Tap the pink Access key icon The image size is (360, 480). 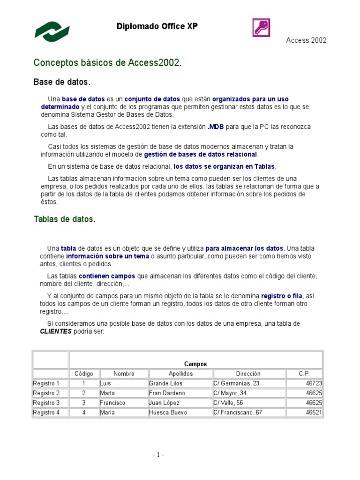[x=262, y=28]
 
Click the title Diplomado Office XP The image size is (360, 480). [x=157, y=27]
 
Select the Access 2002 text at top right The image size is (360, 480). [x=306, y=40]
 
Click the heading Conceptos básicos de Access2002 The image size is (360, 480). [x=107, y=63]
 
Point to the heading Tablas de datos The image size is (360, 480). [x=64, y=219]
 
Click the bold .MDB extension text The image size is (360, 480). [x=216, y=127]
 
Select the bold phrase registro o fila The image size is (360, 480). [x=282, y=296]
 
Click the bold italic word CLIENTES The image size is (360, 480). [x=56, y=331]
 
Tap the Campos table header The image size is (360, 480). [x=195, y=364]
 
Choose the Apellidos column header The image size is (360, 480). [x=180, y=374]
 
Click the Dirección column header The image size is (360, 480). [x=248, y=374]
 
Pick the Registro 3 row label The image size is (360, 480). [x=46, y=403]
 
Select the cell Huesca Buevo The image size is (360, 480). [x=168, y=412]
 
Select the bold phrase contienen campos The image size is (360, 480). [x=107, y=276]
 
